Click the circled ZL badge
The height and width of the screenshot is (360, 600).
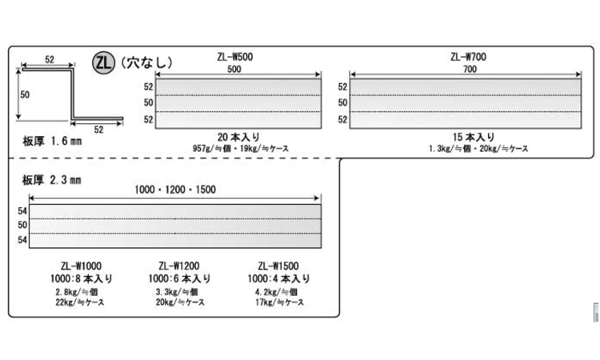103,62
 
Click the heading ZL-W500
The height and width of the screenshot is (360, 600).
235,57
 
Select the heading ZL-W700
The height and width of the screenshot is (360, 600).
468,57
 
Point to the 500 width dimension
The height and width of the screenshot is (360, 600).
234,70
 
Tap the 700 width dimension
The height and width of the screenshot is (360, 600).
470,70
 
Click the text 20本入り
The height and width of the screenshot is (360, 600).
238,137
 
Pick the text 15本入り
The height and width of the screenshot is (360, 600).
474,137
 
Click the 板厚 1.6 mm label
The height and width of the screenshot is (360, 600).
52,141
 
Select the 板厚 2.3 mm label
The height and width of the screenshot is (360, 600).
52,180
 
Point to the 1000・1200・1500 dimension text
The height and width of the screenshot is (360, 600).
175,190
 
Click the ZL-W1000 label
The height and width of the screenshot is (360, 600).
81,266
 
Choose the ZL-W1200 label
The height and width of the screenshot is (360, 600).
179,266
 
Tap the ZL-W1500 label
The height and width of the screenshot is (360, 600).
278,266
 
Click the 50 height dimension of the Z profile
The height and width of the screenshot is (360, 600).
25,94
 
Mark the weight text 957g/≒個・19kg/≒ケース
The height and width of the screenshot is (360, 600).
241,149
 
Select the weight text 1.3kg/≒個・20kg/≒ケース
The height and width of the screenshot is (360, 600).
478,149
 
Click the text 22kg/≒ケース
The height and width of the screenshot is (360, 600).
79,302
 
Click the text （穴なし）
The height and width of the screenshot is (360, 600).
146,62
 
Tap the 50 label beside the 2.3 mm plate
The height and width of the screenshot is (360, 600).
22,225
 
